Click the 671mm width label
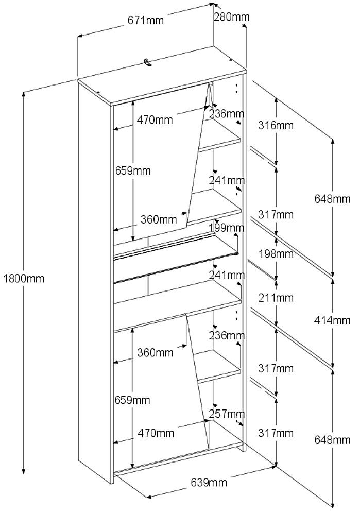click(x=145, y=20)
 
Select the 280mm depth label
click(x=231, y=16)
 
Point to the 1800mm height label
click(x=24, y=279)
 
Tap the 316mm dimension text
click(x=276, y=125)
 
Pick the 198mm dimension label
click(x=276, y=253)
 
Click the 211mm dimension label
click(x=276, y=298)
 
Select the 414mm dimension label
click(x=332, y=320)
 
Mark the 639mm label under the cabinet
click(x=209, y=482)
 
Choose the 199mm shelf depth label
click(x=227, y=227)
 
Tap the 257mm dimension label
click(x=227, y=414)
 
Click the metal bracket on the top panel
click(x=148, y=62)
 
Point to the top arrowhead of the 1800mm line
click(x=23, y=94)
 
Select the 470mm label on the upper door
click(x=155, y=119)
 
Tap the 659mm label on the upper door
click(x=133, y=170)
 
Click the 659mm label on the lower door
click(x=132, y=400)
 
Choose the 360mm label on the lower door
click(x=155, y=353)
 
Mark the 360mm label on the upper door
click(x=159, y=219)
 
